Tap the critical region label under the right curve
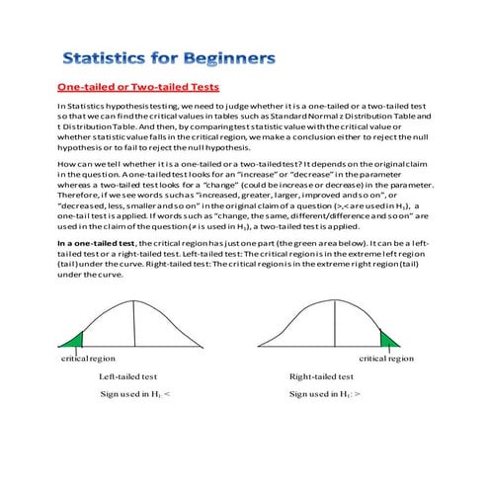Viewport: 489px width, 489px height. [386, 359]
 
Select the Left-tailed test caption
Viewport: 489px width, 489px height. [127, 376]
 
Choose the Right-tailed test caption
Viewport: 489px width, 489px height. [321, 376]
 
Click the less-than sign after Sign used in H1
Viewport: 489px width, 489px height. [167, 394]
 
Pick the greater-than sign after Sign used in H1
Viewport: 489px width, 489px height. [357, 394]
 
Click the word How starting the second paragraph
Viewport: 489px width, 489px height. [67, 161]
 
